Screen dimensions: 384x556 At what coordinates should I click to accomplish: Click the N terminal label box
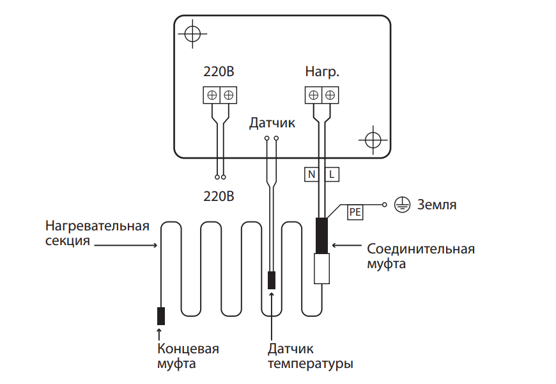coord(312,173)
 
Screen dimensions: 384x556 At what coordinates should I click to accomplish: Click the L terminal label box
coord(332,173)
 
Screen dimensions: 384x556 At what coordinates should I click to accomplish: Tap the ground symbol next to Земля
coord(401,205)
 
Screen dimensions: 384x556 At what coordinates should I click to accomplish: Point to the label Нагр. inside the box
coord(322,72)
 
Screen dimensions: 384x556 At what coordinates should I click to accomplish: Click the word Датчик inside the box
coord(272,122)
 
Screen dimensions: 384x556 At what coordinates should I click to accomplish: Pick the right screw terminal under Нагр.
coord(330,95)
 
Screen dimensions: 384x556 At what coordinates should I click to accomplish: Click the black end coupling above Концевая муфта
coord(161,316)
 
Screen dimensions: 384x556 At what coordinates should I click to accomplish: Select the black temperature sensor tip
coord(272,280)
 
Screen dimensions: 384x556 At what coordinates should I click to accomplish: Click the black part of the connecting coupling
coord(321,235)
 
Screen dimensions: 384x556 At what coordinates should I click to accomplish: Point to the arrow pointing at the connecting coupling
coord(348,245)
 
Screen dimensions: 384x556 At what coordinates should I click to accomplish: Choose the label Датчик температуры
coord(311,356)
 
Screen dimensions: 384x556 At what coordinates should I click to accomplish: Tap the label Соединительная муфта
coord(421,255)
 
